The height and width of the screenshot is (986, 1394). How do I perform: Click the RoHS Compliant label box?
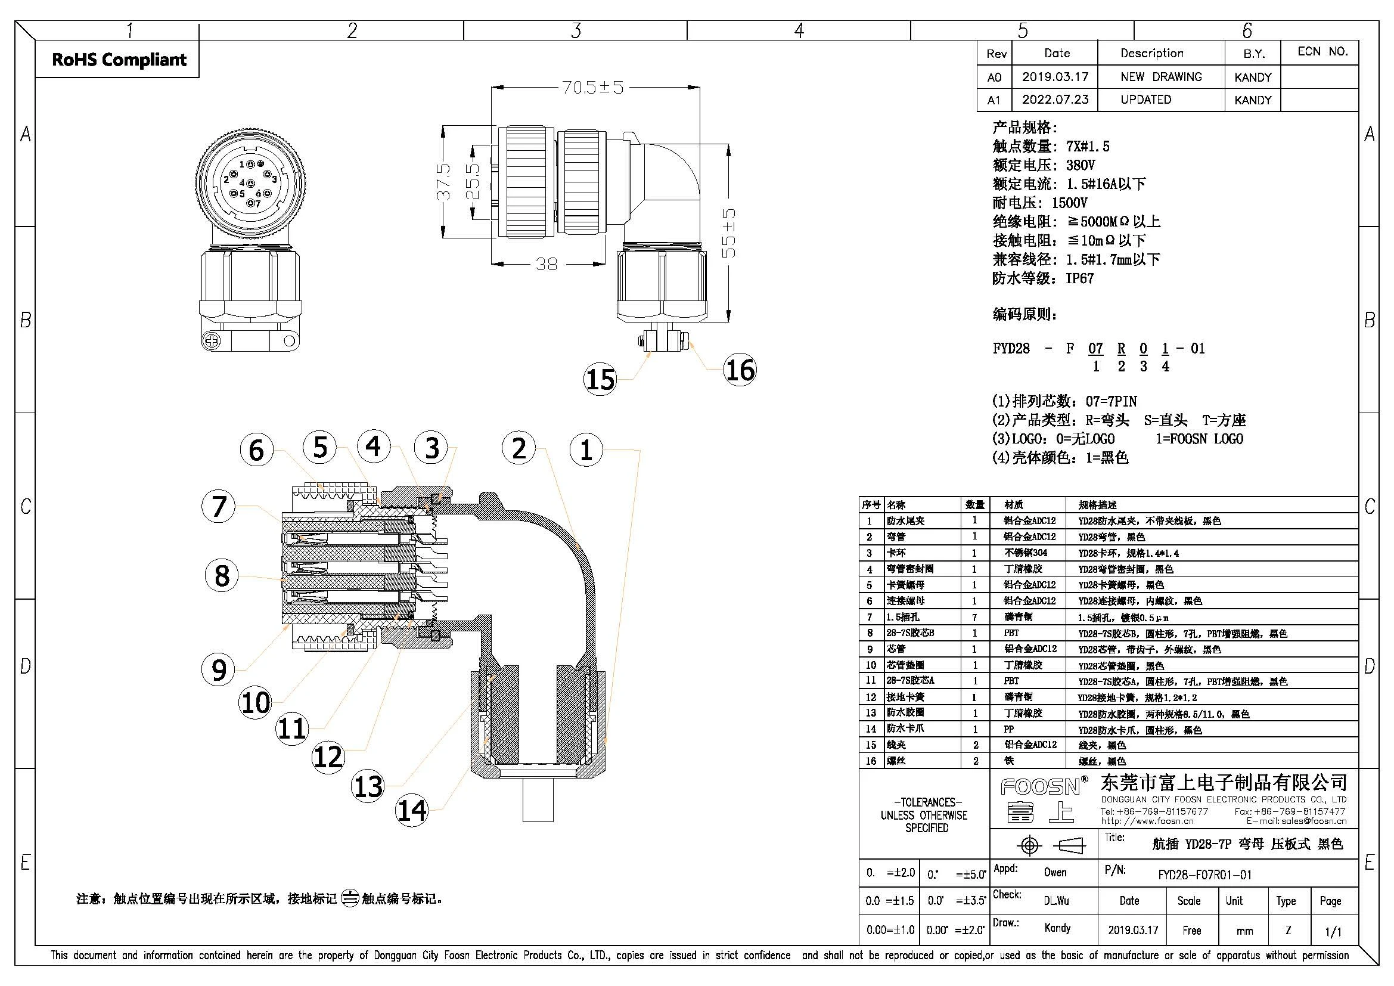pos(119,60)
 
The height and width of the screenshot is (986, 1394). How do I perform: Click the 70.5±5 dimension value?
pos(592,88)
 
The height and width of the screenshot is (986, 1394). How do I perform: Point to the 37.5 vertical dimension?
pos(445,182)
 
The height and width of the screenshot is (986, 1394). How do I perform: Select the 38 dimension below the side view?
pos(546,264)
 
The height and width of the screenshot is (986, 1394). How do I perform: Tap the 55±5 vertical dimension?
pos(729,232)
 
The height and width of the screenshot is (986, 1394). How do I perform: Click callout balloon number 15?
pos(600,380)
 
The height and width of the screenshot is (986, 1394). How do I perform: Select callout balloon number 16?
pos(740,370)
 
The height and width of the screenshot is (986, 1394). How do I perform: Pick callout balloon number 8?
pos(222,575)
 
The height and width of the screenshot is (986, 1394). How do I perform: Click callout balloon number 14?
pos(412,810)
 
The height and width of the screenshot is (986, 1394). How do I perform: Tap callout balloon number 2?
pos(519,448)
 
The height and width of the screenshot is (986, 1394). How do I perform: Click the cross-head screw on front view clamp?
pos(212,341)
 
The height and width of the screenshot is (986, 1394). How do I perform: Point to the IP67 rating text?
pos(1079,278)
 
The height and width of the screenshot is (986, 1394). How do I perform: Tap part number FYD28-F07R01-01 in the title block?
pos(1204,875)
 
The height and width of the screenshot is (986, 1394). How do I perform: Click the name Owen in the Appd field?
pos(1055,873)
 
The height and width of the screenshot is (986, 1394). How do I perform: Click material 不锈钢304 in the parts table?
pos(1026,553)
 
